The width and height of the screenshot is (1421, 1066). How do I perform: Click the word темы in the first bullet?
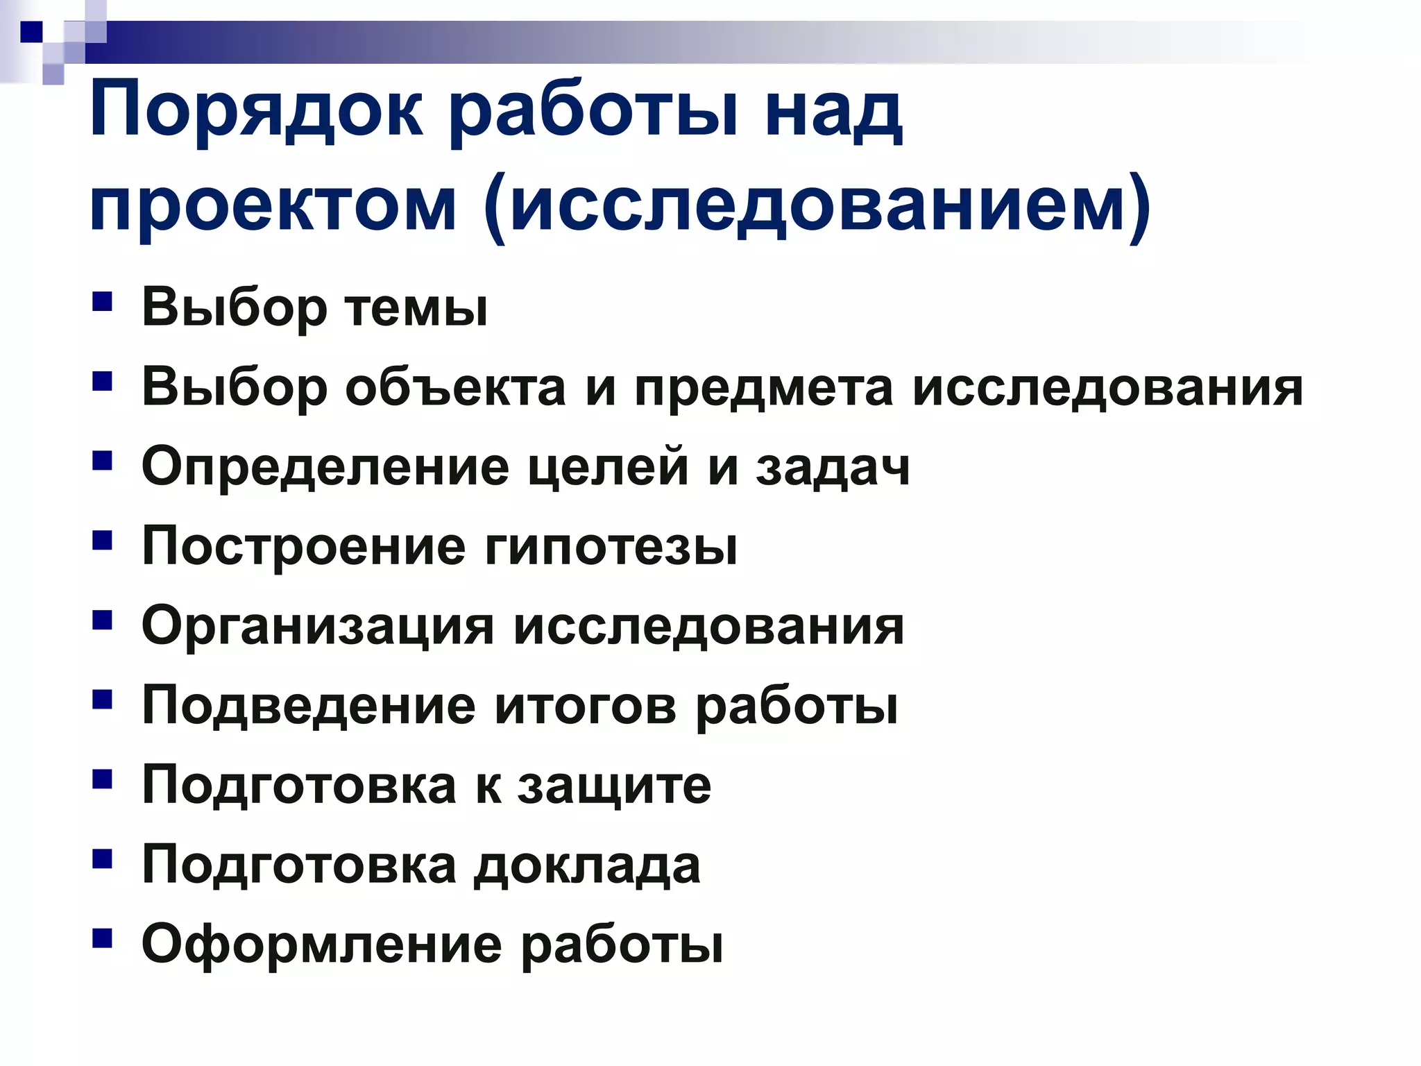(x=417, y=307)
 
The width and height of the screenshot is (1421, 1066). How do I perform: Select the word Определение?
(x=325, y=467)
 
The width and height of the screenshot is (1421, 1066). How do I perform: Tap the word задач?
(x=833, y=467)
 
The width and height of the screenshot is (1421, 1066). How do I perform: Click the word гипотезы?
(x=611, y=547)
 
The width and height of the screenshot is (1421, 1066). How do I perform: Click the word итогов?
(x=586, y=707)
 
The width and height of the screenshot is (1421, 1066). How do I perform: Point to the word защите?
(x=615, y=786)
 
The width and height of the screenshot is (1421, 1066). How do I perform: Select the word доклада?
(x=587, y=866)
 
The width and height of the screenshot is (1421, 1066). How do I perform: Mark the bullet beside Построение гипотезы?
(x=102, y=541)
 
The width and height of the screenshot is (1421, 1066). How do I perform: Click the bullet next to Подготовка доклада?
(x=102, y=860)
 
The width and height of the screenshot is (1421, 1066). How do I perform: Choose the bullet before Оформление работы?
(x=102, y=939)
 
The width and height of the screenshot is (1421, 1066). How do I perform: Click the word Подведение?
(x=309, y=707)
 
